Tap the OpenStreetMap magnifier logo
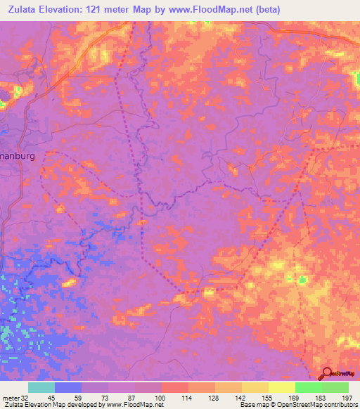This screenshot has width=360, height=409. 327,375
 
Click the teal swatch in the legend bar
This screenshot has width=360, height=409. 41,387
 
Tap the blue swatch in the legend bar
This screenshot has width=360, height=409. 68,387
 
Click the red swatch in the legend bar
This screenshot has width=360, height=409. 174,387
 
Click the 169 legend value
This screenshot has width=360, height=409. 295,397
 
